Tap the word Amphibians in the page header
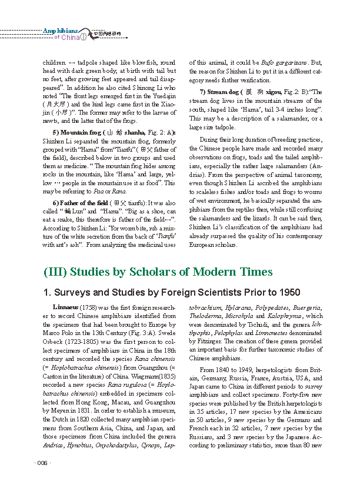point(60,31)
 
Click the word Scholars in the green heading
point(152,272)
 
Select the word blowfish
point(135,62)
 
